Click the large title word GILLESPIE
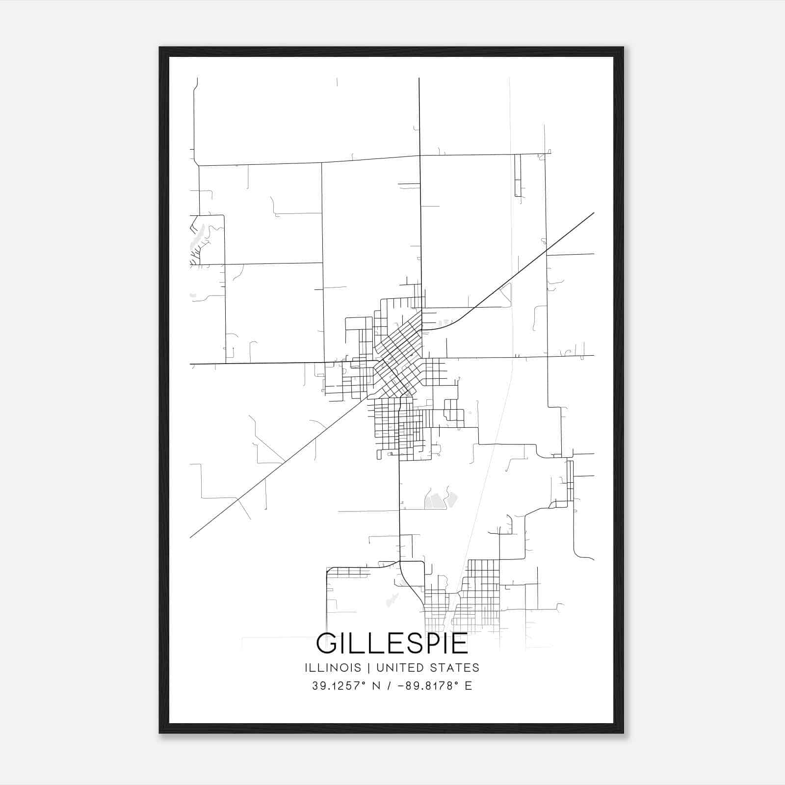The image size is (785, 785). [392, 643]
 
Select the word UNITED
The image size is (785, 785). [399, 668]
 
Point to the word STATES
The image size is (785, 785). [455, 668]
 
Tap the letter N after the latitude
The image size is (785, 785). [376, 686]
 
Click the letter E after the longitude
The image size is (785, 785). [469, 686]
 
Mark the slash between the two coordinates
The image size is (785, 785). [390, 686]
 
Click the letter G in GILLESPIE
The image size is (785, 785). [327, 643]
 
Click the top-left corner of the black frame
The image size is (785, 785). [160, 48]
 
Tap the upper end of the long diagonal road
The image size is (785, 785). [594, 213]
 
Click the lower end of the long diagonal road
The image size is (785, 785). [190, 537]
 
